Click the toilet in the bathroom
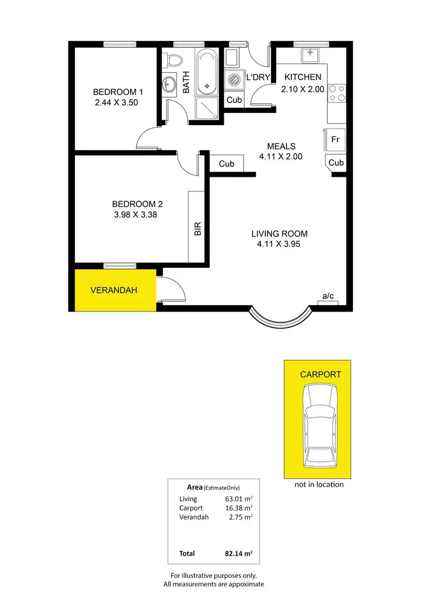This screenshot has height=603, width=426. [x=175, y=59]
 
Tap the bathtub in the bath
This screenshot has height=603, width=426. [x=206, y=73]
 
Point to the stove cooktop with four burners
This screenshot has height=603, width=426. [x=337, y=93]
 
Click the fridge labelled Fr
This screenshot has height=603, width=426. [x=335, y=139]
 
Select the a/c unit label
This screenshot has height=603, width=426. [x=328, y=296]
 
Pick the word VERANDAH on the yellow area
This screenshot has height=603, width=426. [x=114, y=290]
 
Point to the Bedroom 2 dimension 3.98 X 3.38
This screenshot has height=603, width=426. [x=137, y=215]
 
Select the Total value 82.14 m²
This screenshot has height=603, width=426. [x=239, y=553]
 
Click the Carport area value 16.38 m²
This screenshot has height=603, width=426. [x=239, y=508]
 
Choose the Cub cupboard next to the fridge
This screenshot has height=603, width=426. [x=336, y=163]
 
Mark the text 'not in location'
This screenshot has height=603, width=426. [x=319, y=485]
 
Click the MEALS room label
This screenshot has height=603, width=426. [x=281, y=147]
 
